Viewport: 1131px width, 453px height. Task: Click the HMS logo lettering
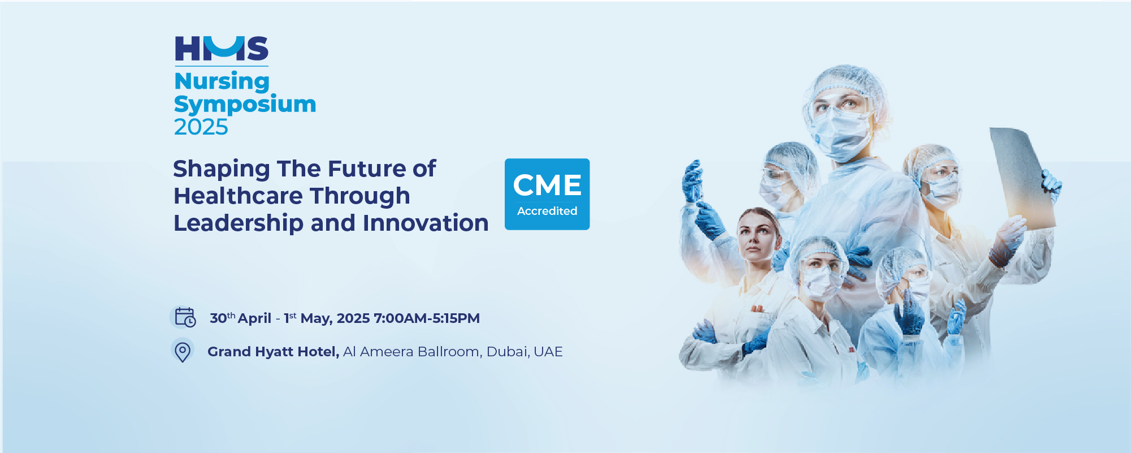tap(222, 49)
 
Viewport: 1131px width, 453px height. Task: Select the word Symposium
tap(245, 105)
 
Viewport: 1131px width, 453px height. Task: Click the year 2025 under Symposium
tap(201, 127)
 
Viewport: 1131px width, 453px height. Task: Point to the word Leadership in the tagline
tap(239, 223)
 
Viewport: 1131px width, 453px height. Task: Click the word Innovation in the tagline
tap(426, 223)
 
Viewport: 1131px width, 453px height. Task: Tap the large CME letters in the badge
tap(547, 185)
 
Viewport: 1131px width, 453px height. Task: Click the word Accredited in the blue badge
tap(547, 211)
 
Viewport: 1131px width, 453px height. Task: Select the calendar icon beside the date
tap(184, 317)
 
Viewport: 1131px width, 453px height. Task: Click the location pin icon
tap(183, 351)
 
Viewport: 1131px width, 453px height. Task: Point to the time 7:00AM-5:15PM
tap(427, 318)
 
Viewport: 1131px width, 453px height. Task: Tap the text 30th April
tap(240, 318)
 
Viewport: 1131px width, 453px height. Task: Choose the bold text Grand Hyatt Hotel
tap(274, 352)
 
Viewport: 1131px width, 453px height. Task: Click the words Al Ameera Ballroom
tap(411, 352)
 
